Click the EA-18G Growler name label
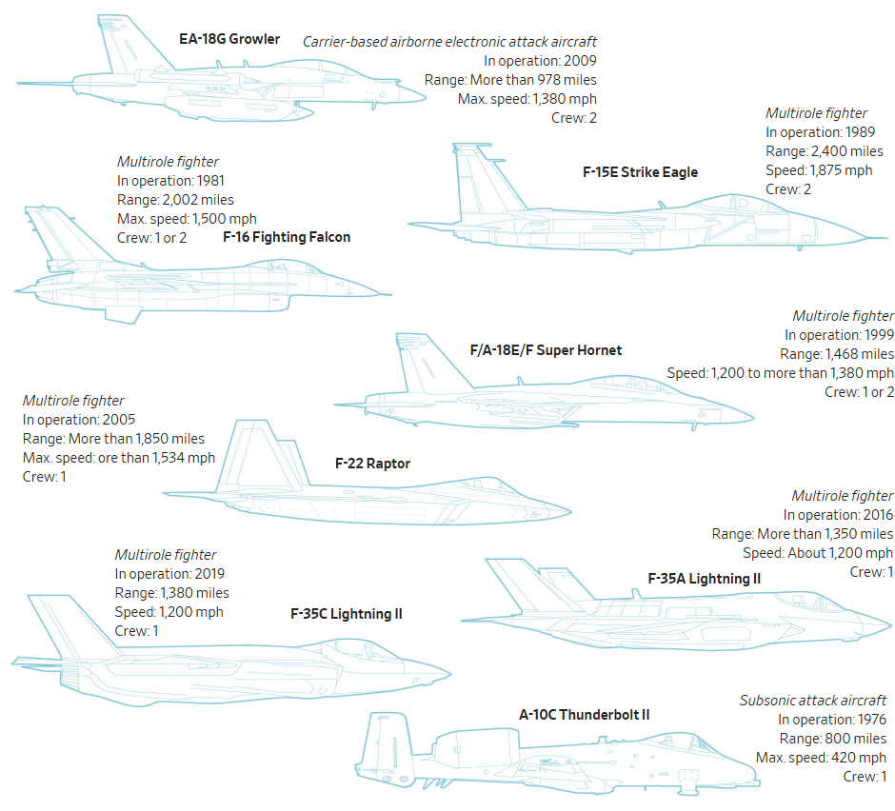pyautogui.click(x=229, y=39)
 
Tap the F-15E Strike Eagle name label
pyautogui.click(x=640, y=172)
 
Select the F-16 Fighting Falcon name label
pyautogui.click(x=287, y=237)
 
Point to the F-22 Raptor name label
pyautogui.click(x=372, y=464)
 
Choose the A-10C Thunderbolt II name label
pyautogui.click(x=585, y=714)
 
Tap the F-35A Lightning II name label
pyautogui.click(x=704, y=578)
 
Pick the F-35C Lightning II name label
pyautogui.click(x=346, y=614)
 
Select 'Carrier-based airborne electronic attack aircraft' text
pyautogui.click(x=449, y=42)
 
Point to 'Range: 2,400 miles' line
pyautogui.click(x=824, y=151)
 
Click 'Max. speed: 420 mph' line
pyautogui.click(x=821, y=758)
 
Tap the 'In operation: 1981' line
pyautogui.click(x=170, y=180)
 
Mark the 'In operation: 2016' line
pyautogui.click(x=839, y=515)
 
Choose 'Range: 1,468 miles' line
pyautogui.click(x=838, y=354)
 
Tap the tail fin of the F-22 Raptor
pyautogui.click(x=249, y=447)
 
